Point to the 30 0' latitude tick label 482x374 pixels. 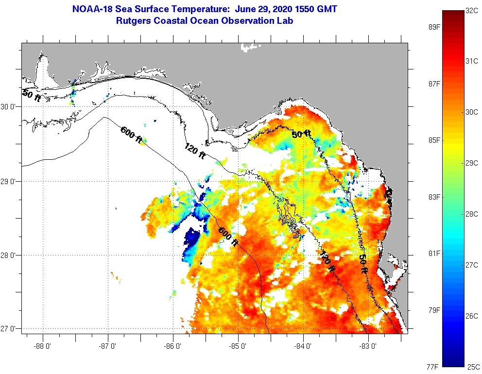tap(10, 106)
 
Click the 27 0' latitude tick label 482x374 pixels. tap(10, 329)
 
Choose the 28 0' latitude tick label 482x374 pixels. tap(10, 255)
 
